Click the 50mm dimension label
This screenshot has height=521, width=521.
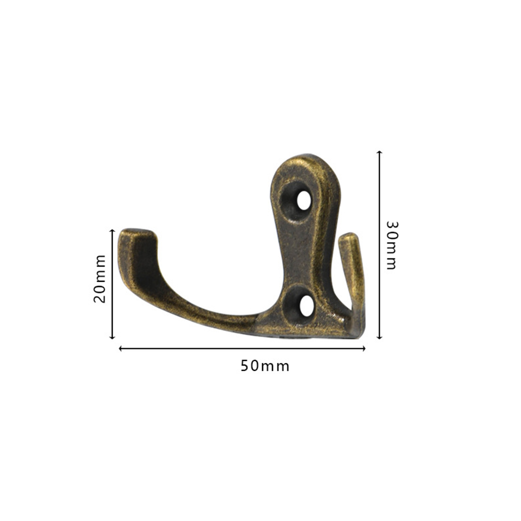coord(265,366)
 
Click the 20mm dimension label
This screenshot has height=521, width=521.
coord(100,279)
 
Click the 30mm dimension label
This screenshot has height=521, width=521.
coord(392,245)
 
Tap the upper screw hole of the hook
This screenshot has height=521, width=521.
coord(304,201)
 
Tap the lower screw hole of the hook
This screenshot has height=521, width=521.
coord(307,305)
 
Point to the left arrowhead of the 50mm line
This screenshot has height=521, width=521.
coord(121,348)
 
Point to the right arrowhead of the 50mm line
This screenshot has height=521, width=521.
coord(363,348)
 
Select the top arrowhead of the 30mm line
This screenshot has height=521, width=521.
coord(379,152)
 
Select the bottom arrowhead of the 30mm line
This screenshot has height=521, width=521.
coord(379,337)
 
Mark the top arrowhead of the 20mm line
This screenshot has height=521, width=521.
coord(112,230)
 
